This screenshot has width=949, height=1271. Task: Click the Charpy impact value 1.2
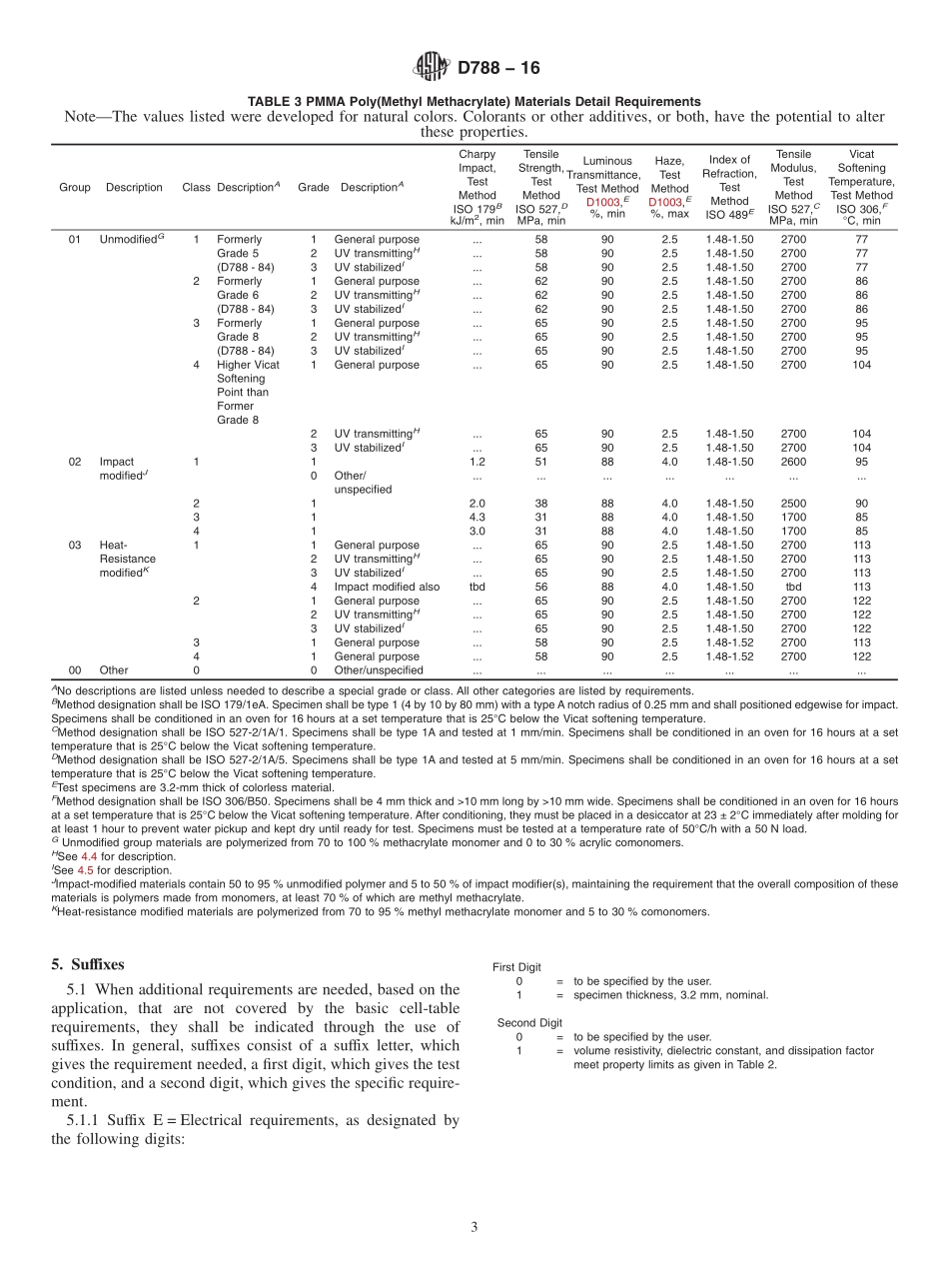point(476,462)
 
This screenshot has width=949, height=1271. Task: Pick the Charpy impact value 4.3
point(476,518)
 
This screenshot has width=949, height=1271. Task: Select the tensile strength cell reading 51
point(540,462)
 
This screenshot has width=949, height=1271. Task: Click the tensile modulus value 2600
point(793,462)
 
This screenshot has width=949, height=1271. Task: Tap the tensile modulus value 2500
point(793,504)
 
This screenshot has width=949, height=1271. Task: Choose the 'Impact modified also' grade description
point(387,588)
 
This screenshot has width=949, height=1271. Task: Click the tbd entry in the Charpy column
point(476,588)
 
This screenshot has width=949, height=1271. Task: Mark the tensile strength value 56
point(540,588)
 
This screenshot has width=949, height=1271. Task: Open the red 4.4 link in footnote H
point(89,855)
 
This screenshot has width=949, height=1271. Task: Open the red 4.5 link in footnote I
point(87,869)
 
